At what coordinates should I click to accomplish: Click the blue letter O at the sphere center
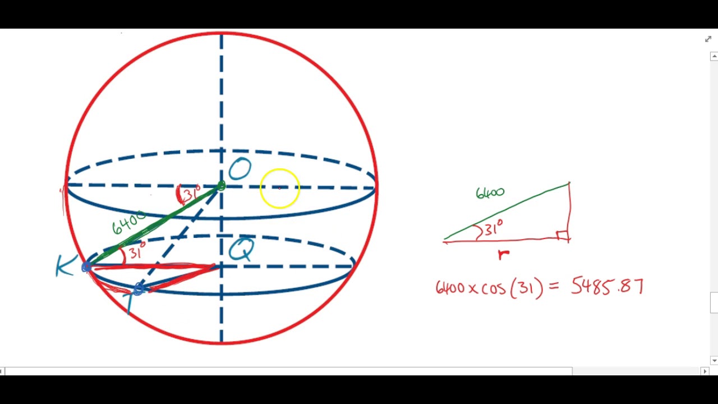240,169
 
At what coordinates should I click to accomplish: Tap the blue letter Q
242,250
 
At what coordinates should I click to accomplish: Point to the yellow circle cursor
280,189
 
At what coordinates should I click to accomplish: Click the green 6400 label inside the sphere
128,224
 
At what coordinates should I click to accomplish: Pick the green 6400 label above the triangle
490,193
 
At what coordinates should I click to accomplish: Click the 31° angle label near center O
190,194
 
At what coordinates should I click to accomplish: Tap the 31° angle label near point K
136,251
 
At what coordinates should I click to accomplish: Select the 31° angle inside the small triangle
493,229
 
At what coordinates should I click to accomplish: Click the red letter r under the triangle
504,255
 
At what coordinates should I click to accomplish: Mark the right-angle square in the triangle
563,236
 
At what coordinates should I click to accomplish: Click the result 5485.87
607,287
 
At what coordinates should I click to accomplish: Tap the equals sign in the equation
554,287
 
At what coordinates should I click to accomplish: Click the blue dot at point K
86,267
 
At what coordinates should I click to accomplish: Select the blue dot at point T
139,289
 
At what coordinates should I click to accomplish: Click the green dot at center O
221,185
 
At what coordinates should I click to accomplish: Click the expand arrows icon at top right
708,39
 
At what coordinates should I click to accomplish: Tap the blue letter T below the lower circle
130,303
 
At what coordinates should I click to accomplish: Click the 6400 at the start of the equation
450,288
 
